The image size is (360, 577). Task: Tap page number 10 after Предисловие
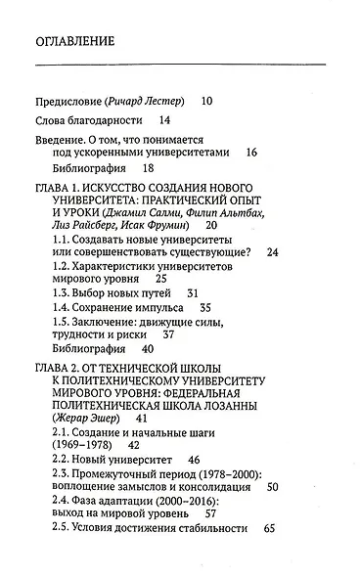coord(206,101)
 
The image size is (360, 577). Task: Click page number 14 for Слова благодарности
coord(163,120)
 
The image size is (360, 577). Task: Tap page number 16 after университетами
coord(251,153)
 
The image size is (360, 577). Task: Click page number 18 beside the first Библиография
coord(149,168)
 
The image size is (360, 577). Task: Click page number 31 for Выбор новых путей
coord(193,292)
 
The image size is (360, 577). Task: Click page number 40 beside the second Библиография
coord(149,347)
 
